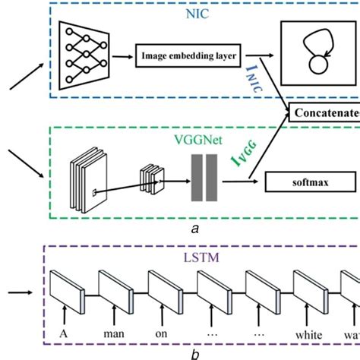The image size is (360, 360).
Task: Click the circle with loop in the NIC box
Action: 315,50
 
